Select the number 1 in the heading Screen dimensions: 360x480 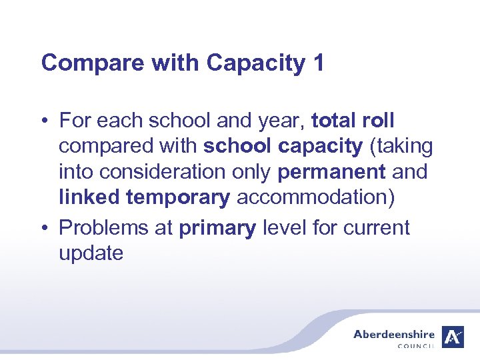point(317,63)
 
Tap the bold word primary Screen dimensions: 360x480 point(217,228)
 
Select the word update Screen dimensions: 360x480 point(91,253)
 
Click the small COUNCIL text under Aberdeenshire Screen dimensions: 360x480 point(415,346)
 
